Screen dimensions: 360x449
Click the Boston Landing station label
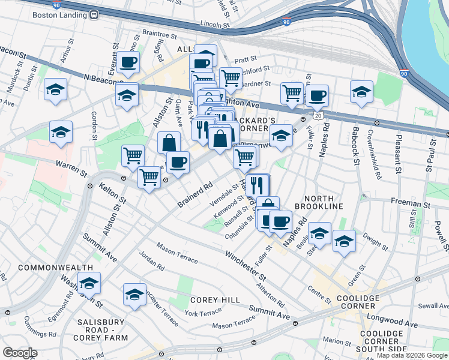coord(57,16)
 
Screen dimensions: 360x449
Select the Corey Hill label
coord(215,299)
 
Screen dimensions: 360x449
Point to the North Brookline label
coord(323,202)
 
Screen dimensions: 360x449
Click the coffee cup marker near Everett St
coord(129,62)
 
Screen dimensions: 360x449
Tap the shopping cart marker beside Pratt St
coord(231,77)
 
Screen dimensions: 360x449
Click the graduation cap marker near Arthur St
coord(56,90)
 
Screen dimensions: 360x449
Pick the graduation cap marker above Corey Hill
coord(135,294)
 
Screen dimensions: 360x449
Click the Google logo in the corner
coord(20,353)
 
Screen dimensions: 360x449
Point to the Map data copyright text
coord(412,355)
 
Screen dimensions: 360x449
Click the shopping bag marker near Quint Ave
coord(169,143)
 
